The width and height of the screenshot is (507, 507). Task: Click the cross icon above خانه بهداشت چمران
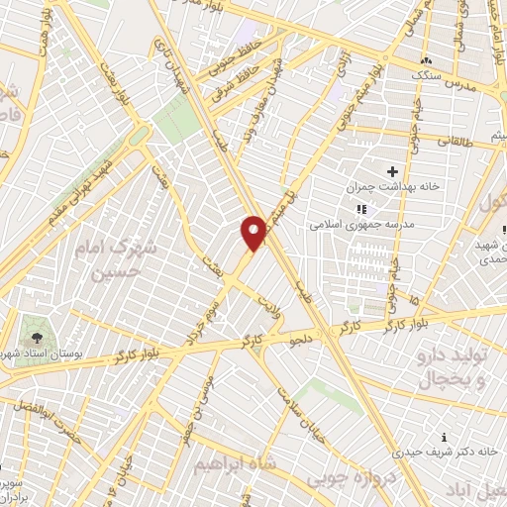[x=392, y=171]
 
